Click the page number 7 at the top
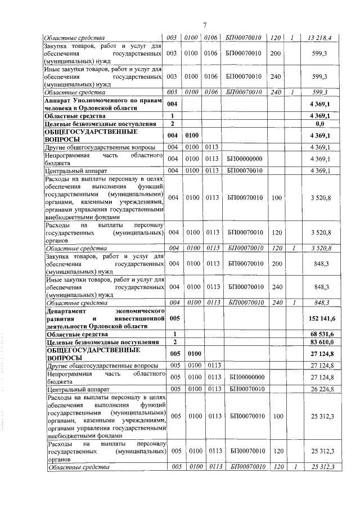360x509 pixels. [205, 24]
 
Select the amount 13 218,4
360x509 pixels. [319, 38]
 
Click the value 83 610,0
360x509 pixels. [321, 342]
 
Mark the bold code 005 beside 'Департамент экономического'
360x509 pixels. [174, 318]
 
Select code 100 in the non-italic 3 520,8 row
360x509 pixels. [276, 197]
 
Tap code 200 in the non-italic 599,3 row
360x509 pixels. [276, 53]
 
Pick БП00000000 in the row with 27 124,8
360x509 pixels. [246, 377]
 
